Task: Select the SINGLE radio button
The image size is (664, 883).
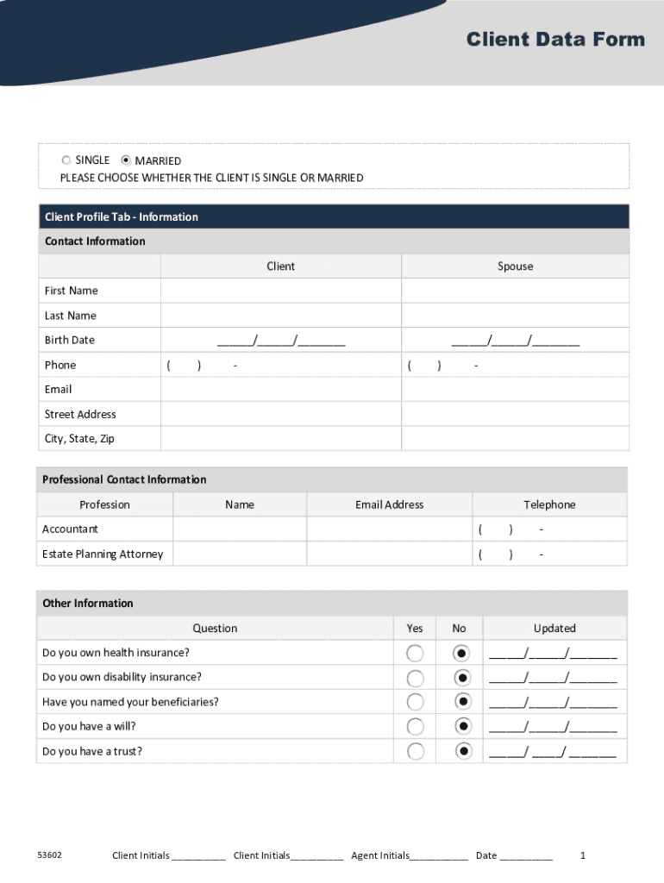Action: (x=66, y=160)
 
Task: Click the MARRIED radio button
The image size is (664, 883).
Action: (x=126, y=160)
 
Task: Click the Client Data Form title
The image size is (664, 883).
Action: (x=555, y=40)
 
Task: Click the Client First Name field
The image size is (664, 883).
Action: (x=280, y=291)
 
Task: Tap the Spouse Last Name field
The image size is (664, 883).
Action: (x=515, y=316)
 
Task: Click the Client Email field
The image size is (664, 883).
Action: (x=280, y=390)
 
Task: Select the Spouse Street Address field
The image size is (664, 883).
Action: (x=515, y=415)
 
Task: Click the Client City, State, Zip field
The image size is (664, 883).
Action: (x=280, y=439)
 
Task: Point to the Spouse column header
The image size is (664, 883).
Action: (x=515, y=266)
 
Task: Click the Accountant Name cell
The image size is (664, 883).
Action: (x=240, y=529)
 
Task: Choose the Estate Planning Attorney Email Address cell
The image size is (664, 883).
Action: (x=389, y=554)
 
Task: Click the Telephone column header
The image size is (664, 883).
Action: (x=549, y=504)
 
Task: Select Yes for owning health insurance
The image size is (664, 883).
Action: (x=416, y=653)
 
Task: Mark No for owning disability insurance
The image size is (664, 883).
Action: (x=464, y=678)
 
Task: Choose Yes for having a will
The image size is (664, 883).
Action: (x=416, y=727)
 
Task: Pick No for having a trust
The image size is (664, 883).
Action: (x=464, y=751)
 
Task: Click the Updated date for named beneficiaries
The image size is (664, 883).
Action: (x=554, y=703)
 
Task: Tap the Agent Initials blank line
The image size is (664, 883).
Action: (x=439, y=857)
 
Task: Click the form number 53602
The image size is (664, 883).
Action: (x=48, y=855)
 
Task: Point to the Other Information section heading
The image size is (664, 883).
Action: (x=88, y=604)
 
